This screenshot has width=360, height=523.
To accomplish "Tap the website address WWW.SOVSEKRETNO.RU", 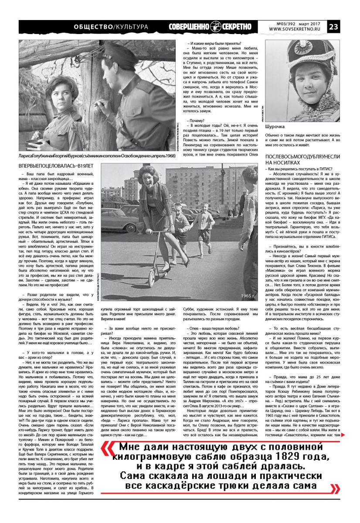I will pyautogui.click(x=297, y=30).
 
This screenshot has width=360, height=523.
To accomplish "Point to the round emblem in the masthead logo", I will pyautogui.click(x=216, y=27).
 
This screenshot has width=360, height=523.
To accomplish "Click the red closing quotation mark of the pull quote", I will pyautogui.click(x=334, y=487).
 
